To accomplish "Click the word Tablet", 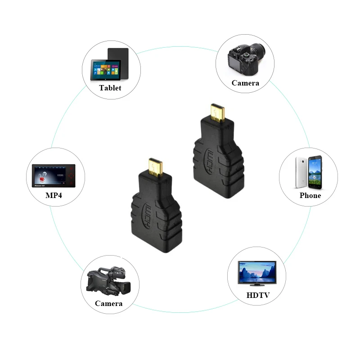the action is [x=110, y=88].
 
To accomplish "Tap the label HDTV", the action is [x=258, y=296].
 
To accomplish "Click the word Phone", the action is [x=310, y=195].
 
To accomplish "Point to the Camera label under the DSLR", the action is [x=245, y=83].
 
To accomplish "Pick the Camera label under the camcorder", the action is [x=108, y=303].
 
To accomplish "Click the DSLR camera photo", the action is [x=245, y=58].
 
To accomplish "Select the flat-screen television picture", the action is [x=257, y=272].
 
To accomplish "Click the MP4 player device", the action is [x=54, y=175].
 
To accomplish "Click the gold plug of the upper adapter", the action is [x=217, y=114].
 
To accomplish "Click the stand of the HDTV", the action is [x=257, y=285].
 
